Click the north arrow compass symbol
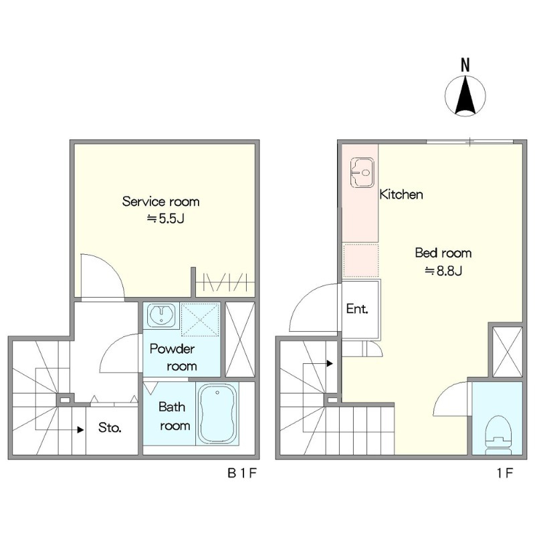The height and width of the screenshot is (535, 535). (x=465, y=96)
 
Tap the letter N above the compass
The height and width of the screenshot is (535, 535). (x=465, y=65)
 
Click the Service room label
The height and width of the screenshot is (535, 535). (x=160, y=201)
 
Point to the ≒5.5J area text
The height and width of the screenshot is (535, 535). (x=165, y=219)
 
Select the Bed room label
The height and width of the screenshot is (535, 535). (x=443, y=253)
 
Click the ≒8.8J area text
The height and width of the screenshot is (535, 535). (x=443, y=271)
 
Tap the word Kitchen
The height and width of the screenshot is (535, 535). (x=401, y=194)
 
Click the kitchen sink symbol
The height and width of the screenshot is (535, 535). (x=362, y=173)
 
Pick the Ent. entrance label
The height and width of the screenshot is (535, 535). (x=357, y=309)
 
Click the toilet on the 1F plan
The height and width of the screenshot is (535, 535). (x=498, y=435)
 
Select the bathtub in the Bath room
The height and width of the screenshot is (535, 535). (x=217, y=413)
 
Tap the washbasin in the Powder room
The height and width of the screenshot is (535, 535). (x=161, y=314)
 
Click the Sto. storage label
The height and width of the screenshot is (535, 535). (x=110, y=427)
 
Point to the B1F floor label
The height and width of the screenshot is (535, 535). (x=241, y=473)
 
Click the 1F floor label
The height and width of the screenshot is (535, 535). (x=505, y=473)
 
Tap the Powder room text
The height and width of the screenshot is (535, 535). (x=173, y=357)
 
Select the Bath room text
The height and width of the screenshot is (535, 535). (x=174, y=416)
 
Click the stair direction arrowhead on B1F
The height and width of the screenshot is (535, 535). (x=81, y=430)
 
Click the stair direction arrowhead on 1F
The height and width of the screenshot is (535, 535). (x=330, y=363)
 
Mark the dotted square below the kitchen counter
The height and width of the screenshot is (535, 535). (x=360, y=260)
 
